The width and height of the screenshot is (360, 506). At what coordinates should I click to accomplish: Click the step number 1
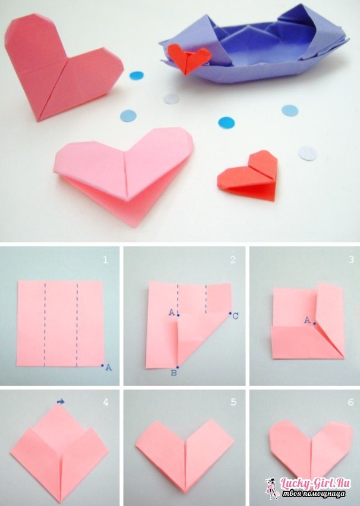105,260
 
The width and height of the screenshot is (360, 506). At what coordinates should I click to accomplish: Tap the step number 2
233,260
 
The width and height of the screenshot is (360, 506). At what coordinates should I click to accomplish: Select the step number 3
351,260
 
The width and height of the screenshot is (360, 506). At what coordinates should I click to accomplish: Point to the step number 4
105,402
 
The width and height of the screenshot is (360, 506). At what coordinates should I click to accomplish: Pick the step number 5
233,402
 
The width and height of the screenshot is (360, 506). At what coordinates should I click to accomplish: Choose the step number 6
351,402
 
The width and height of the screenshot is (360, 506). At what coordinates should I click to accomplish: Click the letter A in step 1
109,367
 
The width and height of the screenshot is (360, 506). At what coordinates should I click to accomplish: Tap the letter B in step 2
174,373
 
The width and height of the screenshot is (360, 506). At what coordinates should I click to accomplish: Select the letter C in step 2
235,316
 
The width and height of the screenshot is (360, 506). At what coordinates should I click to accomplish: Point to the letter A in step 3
308,320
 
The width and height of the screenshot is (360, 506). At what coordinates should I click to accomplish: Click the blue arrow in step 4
61,401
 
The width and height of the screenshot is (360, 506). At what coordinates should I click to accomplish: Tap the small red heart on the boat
189,58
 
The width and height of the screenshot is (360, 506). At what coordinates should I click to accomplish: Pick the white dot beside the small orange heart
307,153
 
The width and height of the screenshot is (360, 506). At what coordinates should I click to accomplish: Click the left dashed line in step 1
45,324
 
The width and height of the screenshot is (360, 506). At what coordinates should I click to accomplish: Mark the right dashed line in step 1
77,324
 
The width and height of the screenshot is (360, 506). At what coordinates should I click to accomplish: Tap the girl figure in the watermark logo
271,488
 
